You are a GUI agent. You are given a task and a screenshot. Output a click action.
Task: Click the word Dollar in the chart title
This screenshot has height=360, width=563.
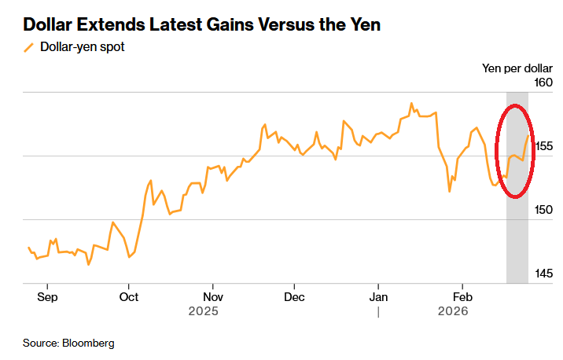tap(49, 25)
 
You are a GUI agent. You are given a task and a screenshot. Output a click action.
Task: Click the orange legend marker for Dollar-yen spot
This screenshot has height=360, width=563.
tap(29, 47)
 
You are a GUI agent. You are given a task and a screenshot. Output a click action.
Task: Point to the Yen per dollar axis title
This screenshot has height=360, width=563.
tap(517, 68)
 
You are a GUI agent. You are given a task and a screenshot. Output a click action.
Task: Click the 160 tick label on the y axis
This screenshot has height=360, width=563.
tap(543, 83)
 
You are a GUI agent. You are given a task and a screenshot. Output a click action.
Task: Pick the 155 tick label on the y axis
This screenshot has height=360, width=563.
tap(543, 146)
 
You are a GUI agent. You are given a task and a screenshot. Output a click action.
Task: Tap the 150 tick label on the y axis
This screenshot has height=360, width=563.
tap(543, 210)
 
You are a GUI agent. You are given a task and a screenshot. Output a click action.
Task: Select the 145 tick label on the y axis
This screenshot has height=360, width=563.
tap(543, 274)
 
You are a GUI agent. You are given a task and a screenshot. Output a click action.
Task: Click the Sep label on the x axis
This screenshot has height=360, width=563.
tap(47, 297)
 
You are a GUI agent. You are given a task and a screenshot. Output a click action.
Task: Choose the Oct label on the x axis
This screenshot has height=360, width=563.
tap(129, 297)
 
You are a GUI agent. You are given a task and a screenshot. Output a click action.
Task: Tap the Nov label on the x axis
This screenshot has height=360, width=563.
tap(212, 297)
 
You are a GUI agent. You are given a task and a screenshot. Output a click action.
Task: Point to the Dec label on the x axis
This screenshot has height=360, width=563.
tap(293, 297)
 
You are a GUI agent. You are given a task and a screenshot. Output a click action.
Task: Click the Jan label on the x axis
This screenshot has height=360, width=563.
tap(378, 297)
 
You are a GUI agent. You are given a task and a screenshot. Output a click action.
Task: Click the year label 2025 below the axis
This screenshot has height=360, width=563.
tap(203, 311)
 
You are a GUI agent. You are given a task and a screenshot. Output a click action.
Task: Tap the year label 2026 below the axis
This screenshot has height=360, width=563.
tap(453, 311)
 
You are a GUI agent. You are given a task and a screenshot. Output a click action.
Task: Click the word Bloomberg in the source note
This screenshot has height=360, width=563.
tap(88, 343)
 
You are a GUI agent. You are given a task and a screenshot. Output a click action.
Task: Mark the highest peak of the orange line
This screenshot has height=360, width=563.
tap(411, 103)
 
